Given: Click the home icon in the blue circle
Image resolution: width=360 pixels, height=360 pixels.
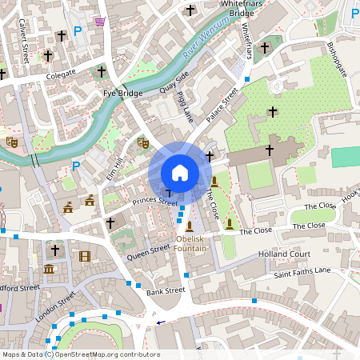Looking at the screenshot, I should pos(180,172).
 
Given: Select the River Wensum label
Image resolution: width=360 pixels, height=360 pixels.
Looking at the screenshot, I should pos(201,44).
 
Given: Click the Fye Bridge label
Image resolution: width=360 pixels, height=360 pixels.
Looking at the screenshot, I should pos(122,94).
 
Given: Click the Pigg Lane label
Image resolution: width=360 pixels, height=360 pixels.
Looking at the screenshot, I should pos(186,107).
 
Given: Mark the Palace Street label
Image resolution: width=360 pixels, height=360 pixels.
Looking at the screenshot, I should pos(222,106).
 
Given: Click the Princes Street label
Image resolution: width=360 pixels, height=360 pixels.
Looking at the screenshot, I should pos(155,202).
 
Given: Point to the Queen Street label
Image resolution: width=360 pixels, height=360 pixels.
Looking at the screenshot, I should pos(149,252).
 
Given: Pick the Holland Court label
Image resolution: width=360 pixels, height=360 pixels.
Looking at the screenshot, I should pos(284,254).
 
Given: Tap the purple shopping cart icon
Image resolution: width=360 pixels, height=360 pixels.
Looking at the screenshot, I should pos(99,21).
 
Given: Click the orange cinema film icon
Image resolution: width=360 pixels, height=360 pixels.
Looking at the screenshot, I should pos(85,257).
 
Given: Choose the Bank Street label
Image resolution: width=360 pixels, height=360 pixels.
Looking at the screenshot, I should pos(166,291).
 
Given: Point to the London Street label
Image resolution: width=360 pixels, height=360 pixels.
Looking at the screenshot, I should pos(55,306).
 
